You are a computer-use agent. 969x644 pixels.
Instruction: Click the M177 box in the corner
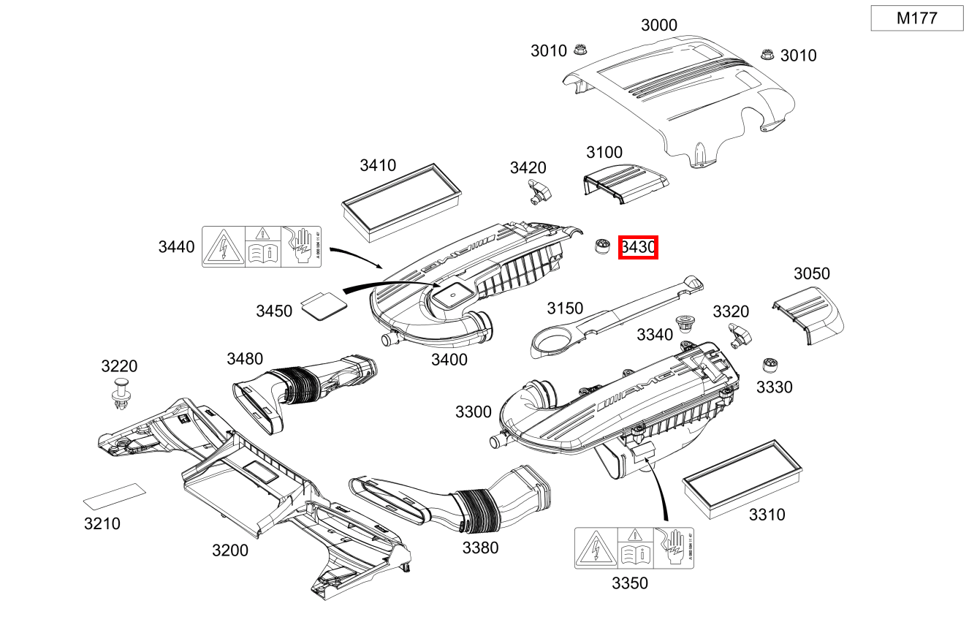(x=916, y=19)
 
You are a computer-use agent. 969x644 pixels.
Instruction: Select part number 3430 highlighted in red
(x=638, y=248)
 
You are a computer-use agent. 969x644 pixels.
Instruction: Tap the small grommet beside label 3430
(x=601, y=246)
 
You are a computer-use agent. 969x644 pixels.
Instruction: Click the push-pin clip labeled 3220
(x=118, y=392)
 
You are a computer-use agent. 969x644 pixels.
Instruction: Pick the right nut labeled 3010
(x=767, y=54)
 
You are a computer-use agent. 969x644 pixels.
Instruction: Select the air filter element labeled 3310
(x=742, y=477)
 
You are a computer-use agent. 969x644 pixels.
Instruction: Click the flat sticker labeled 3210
(x=114, y=497)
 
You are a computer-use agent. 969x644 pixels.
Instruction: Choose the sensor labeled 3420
(x=539, y=190)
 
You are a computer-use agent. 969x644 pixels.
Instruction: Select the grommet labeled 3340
(x=685, y=322)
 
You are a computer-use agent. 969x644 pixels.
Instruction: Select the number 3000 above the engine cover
(x=658, y=25)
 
